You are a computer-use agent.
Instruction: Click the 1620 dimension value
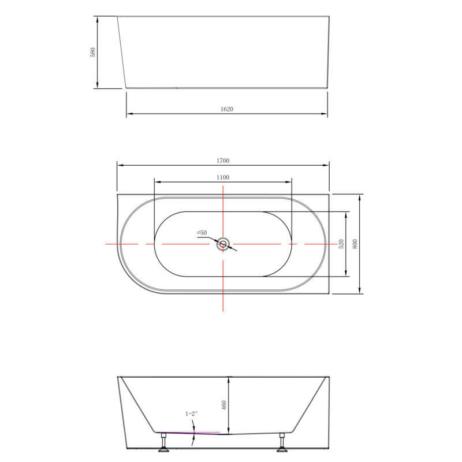coord(227,109)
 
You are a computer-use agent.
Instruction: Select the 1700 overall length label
coord(223,161)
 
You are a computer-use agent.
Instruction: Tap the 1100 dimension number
coord(223,177)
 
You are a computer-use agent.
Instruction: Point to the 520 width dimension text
coord(341,244)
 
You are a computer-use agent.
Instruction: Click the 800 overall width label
coord(355,244)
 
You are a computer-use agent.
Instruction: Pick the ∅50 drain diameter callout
coord(202,233)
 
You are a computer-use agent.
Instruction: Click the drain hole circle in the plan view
coord(223,244)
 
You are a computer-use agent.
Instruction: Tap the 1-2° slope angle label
coord(191,413)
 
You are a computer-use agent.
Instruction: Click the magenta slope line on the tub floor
coord(191,432)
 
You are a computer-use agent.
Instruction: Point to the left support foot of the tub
coord(164,442)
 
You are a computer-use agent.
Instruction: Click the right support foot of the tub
coord(282,442)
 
